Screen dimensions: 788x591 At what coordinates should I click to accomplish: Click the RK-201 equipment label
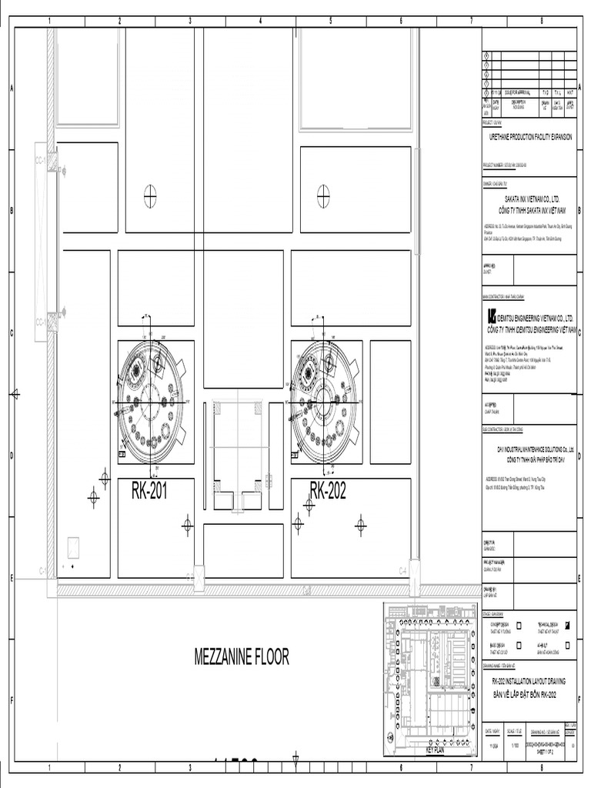click(149, 491)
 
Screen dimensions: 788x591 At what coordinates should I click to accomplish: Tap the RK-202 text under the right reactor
click(328, 491)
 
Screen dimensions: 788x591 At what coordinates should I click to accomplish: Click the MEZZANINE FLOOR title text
click(242, 656)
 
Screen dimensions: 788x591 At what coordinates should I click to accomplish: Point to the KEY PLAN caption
click(435, 750)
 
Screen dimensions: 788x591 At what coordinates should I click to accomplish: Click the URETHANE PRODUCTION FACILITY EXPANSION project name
click(530, 136)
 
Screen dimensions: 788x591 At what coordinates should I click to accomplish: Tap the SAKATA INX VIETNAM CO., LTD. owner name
click(530, 198)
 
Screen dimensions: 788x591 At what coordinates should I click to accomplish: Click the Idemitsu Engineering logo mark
click(492, 317)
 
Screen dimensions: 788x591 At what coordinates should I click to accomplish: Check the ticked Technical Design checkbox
click(567, 625)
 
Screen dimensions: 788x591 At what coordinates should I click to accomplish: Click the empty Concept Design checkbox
click(519, 625)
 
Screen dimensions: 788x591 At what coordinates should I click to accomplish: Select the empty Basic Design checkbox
click(519, 645)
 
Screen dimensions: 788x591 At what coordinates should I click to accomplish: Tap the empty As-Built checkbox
click(567, 645)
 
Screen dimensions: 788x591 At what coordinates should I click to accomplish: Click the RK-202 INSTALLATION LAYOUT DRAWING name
click(529, 681)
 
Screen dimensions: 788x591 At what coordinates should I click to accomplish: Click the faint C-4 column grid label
click(402, 570)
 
